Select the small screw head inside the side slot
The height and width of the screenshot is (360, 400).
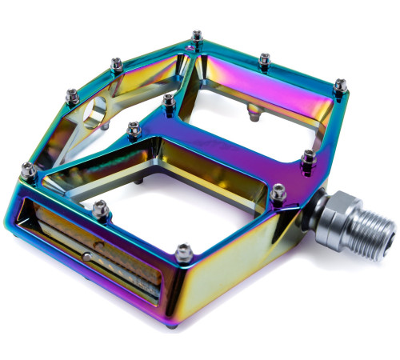[86, 255]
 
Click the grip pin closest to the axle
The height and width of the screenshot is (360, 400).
[278, 192]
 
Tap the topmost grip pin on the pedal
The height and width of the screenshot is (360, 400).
[197, 36]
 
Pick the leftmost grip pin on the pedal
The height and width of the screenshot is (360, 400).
[28, 169]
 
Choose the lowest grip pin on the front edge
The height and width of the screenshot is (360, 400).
[183, 251]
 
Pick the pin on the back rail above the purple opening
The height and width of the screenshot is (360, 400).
[264, 58]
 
